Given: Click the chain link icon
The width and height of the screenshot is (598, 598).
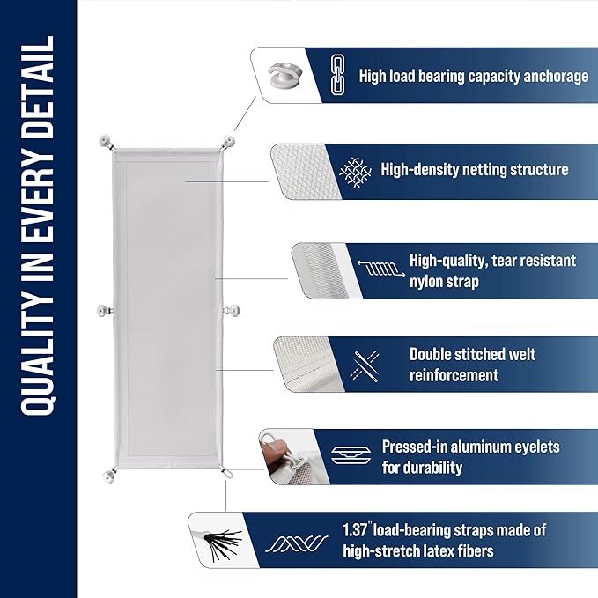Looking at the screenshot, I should tap(336, 76).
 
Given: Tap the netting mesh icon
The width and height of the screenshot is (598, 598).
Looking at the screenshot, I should tap(354, 169).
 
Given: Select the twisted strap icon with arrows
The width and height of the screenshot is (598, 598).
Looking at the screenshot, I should tap(381, 271).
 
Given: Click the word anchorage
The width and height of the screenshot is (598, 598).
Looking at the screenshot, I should tap(546, 77).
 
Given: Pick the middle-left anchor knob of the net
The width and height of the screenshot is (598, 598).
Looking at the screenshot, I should tap(104, 309).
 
